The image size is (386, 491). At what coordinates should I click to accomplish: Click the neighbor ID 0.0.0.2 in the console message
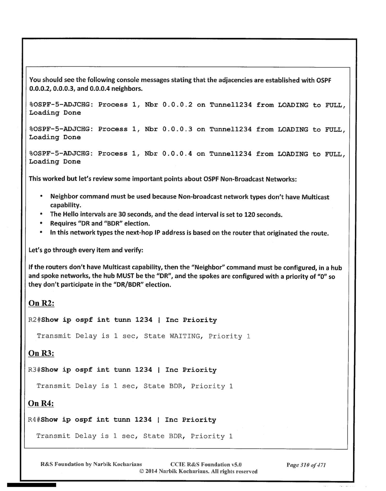coord(177,105)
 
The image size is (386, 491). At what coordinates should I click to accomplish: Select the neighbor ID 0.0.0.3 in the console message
coord(177,129)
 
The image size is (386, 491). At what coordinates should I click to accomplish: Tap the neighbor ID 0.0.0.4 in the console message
coord(177,154)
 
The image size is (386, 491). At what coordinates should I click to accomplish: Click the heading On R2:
coord(41,303)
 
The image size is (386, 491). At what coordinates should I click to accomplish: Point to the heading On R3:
coord(41,353)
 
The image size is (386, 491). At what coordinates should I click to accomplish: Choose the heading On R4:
coord(41,403)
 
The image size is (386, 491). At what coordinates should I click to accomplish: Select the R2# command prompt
coord(35,320)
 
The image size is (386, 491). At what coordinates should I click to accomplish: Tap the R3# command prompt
coord(34,370)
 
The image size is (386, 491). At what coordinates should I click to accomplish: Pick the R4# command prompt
coord(34,420)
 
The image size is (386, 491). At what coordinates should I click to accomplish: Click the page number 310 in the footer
coord(305,465)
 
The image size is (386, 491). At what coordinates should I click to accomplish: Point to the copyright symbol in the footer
coord(142,471)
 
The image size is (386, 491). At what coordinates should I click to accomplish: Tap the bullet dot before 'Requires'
coord(41,223)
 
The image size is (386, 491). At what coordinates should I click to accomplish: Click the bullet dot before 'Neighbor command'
coord(41,196)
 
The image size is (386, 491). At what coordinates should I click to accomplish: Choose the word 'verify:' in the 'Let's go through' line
coord(134,250)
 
